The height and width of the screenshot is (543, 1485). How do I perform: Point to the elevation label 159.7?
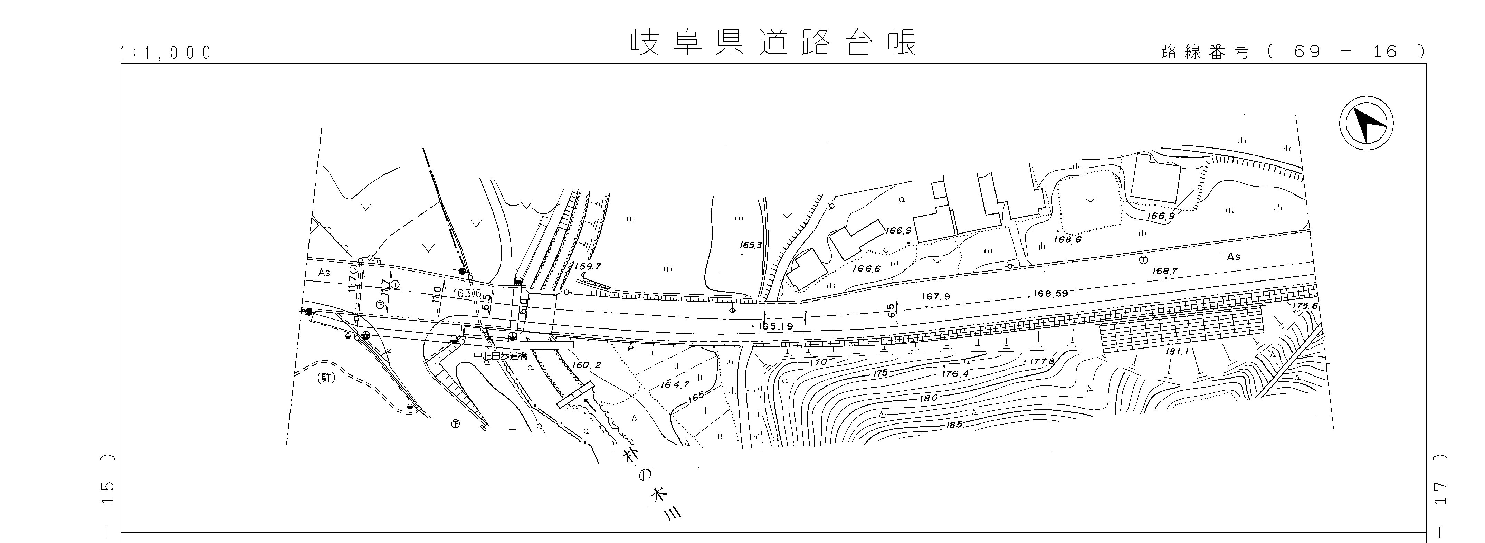click(x=588, y=266)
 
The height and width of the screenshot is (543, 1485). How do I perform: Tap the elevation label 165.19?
click(x=776, y=326)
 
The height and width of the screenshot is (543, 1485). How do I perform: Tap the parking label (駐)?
click(x=326, y=379)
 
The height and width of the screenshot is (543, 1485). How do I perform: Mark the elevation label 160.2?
click(x=588, y=365)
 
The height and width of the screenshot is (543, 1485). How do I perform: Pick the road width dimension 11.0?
click(x=436, y=295)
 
